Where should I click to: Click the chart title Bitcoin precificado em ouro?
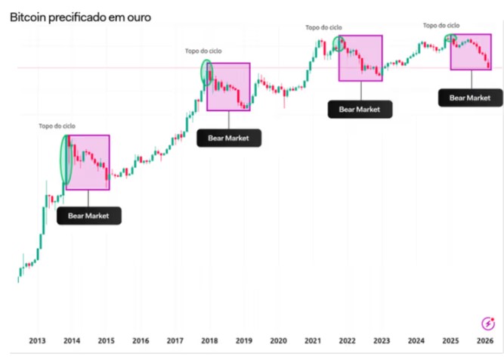coord(80,14)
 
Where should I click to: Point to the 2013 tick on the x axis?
coord(38,342)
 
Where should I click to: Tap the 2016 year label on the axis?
coord(141,342)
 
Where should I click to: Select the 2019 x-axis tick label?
coord(244,342)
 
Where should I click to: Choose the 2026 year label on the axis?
coord(484,342)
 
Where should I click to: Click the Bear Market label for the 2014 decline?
coord(88,216)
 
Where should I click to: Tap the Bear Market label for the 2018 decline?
coord(228,138)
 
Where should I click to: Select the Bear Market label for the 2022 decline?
coord(360,109)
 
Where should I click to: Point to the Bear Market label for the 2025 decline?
coord(470,97)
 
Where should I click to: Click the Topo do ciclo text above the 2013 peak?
coord(57,126)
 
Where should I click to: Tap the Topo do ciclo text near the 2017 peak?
coord(203,51)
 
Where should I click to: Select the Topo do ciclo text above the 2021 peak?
coord(323,27)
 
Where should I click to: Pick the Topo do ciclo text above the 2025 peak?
coord(441,25)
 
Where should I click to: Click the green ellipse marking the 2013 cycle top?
coord(66,159)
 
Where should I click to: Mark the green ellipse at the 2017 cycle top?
coord(206,73)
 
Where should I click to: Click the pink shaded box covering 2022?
coord(360,58)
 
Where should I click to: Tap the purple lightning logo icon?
coord(488,323)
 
